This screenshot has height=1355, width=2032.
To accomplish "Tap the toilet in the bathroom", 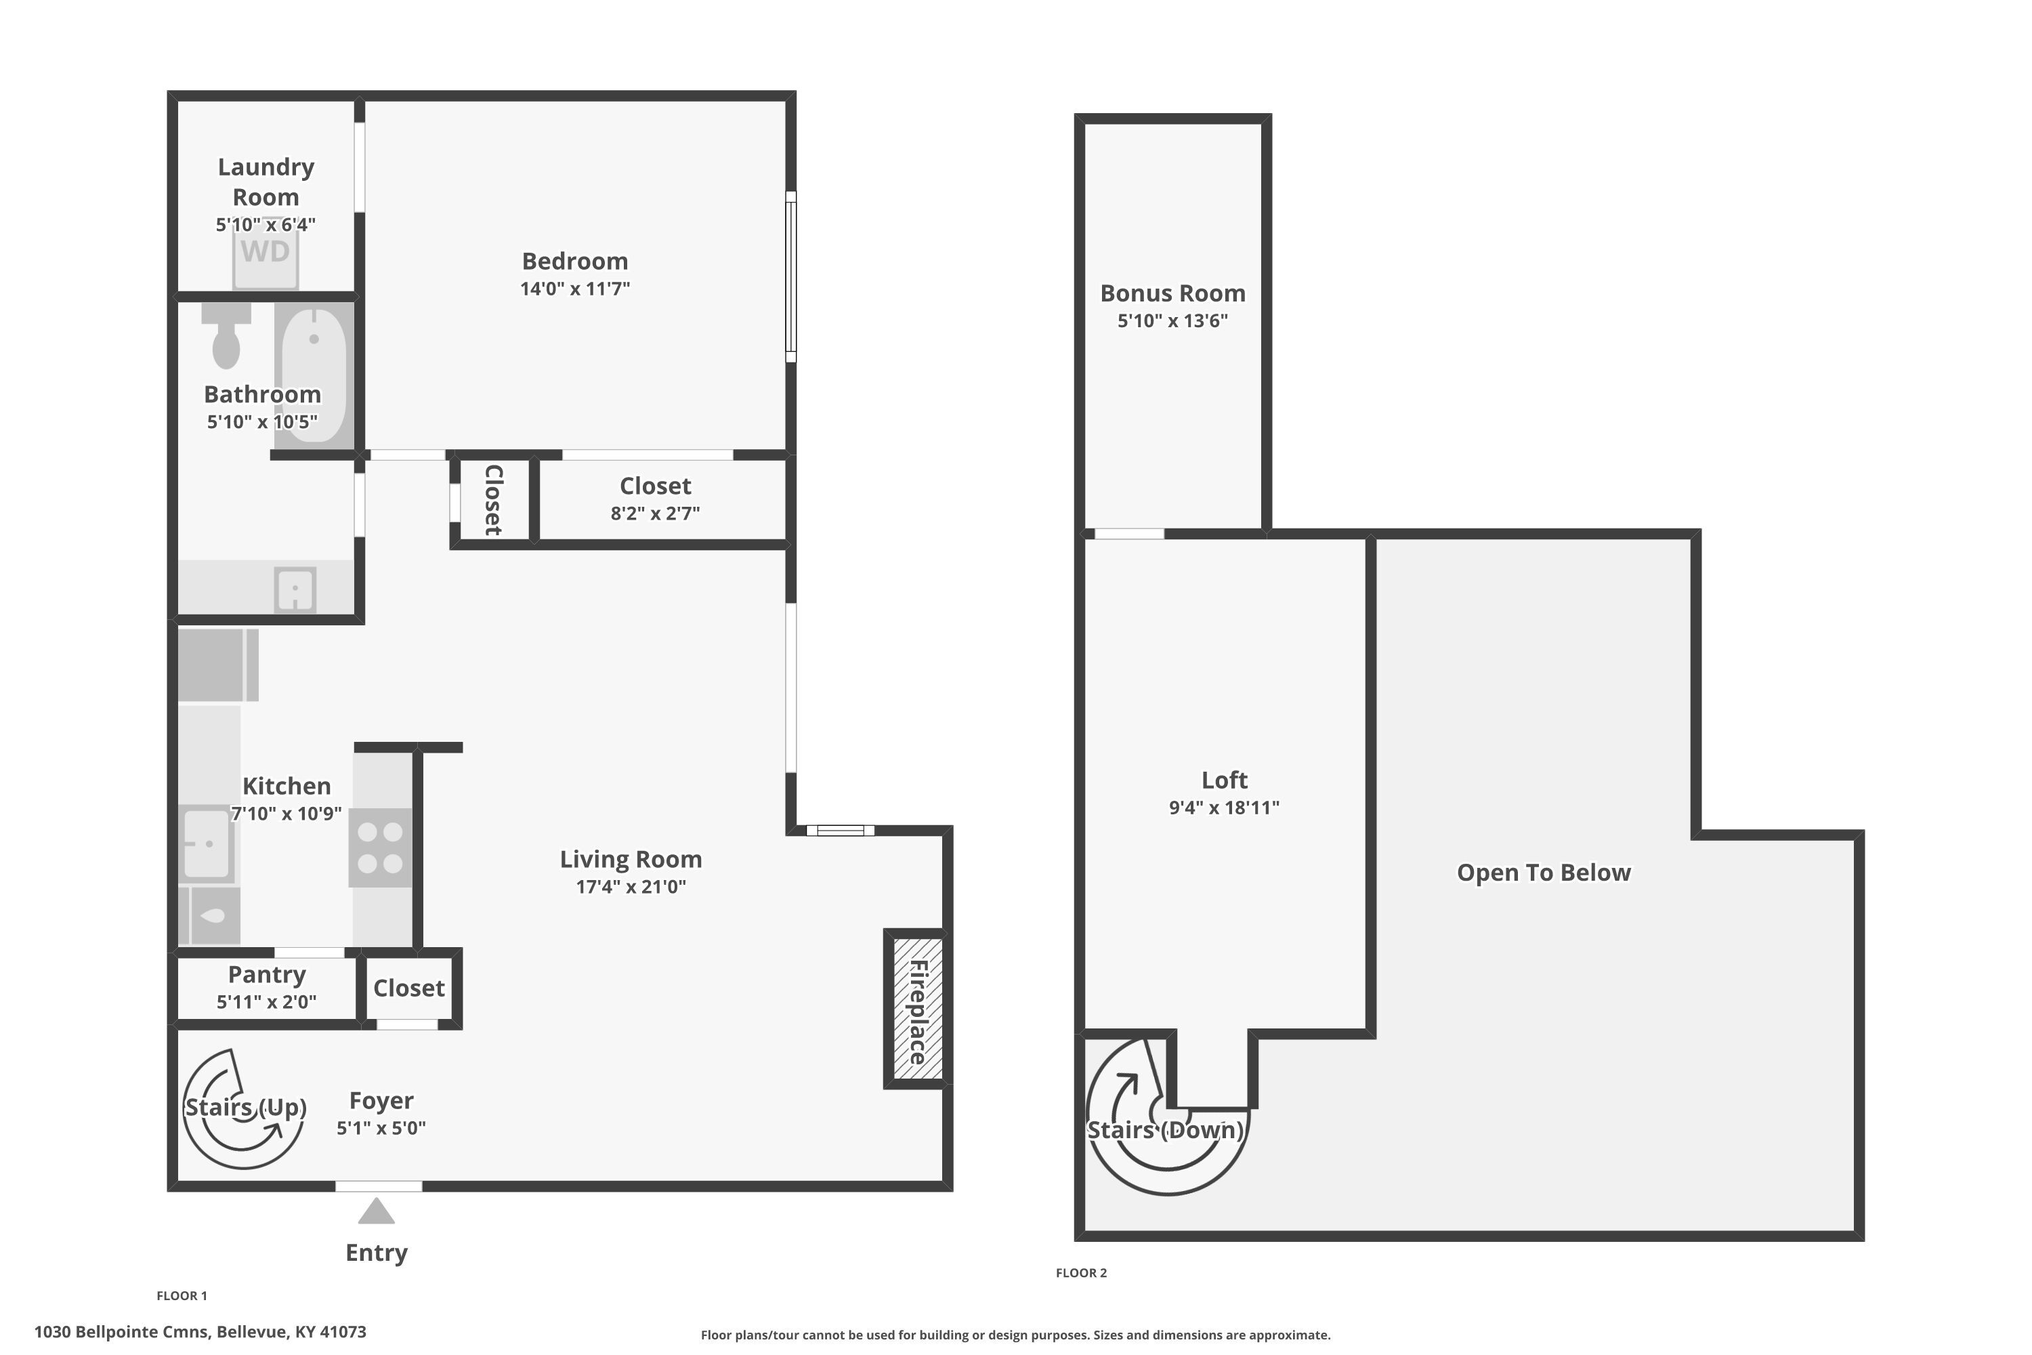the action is tap(226, 335).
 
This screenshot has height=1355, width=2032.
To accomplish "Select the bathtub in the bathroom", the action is tap(314, 376).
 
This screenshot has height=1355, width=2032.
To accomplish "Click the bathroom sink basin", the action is tap(295, 589).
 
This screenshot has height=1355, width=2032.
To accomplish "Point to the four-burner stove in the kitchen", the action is tap(380, 848).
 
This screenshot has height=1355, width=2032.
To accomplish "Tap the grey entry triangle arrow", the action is tap(377, 1211).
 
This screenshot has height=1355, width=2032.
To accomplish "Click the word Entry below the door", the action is tap(377, 1253).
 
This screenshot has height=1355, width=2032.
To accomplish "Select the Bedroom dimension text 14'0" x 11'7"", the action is tap(575, 289).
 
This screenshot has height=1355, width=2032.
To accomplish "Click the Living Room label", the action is tap(631, 859).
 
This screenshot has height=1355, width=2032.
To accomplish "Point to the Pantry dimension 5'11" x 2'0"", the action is tap(266, 1001).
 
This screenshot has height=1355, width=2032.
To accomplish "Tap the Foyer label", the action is tap(381, 1100).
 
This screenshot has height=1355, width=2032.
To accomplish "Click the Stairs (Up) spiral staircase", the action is tap(244, 1108).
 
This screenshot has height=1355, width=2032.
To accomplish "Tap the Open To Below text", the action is tap(1544, 873).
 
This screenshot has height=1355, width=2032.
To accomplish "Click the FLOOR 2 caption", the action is tap(1081, 1273).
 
